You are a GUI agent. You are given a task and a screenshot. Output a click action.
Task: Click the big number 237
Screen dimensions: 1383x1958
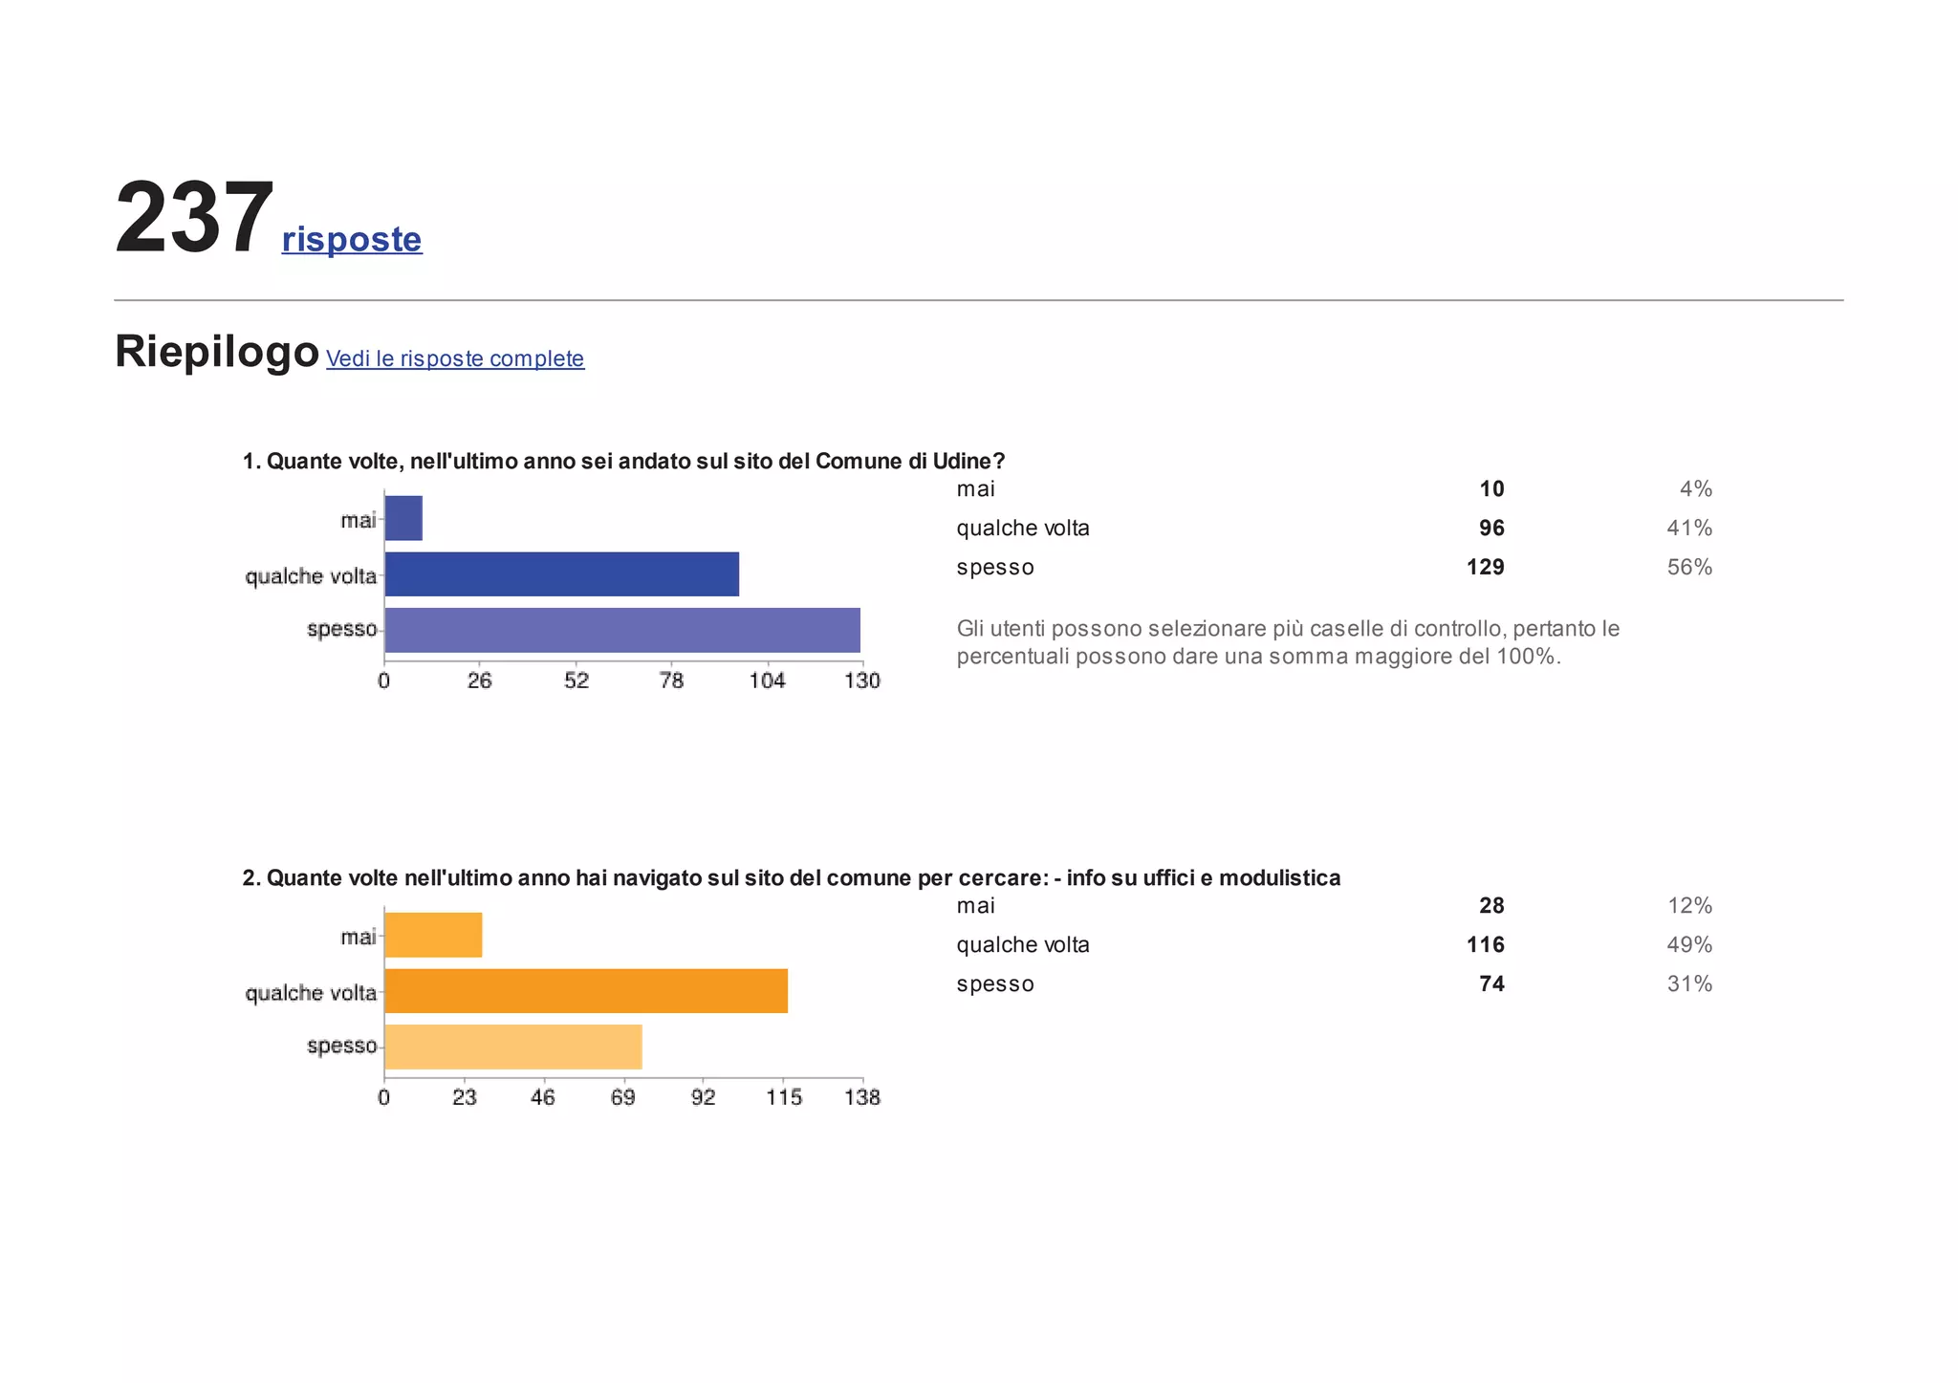click(195, 218)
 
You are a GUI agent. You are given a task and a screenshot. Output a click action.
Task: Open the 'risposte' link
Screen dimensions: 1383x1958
click(352, 239)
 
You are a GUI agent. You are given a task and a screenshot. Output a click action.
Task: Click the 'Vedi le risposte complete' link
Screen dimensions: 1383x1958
click(455, 358)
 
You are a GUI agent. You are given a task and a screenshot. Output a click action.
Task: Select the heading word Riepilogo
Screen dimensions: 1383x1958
click(217, 351)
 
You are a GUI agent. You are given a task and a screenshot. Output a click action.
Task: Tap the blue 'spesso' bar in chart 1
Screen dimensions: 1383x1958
click(622, 630)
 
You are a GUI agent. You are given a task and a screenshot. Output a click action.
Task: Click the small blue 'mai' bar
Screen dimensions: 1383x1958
click(403, 518)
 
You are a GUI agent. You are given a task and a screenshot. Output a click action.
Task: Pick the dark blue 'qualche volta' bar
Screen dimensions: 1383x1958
click(562, 574)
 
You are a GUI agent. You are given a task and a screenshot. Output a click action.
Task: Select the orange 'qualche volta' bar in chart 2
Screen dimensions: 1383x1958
click(586, 990)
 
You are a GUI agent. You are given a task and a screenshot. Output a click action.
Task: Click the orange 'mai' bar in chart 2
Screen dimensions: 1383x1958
click(433, 935)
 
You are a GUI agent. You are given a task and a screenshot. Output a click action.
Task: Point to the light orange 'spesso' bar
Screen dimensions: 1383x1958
click(513, 1047)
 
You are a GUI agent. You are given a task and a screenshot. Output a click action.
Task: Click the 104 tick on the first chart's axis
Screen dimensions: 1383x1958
click(767, 681)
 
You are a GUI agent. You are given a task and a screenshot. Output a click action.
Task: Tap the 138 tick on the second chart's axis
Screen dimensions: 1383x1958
click(862, 1097)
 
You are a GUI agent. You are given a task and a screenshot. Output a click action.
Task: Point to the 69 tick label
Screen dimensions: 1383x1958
click(623, 1097)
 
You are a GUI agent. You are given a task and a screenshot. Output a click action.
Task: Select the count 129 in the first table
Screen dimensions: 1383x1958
click(1485, 568)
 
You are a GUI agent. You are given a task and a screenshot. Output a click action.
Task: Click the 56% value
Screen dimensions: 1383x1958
click(1689, 568)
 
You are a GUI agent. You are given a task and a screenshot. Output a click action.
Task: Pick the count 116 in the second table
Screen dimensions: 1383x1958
click(1485, 945)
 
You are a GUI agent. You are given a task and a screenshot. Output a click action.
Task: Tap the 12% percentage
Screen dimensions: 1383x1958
click(1689, 906)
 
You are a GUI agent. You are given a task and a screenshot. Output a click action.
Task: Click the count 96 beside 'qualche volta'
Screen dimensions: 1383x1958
click(1491, 529)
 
